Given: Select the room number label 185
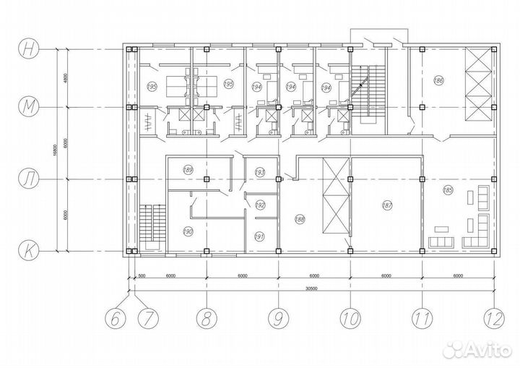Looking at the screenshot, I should click(448, 191).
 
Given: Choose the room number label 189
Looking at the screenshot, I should click(188, 171).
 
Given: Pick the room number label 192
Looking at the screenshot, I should click(261, 205).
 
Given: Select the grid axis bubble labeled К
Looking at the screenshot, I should click(29, 249).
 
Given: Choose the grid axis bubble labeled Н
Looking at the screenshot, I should click(29, 50).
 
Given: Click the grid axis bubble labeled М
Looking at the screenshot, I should click(29, 107).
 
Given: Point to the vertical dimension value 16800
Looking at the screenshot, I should click(54, 150).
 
